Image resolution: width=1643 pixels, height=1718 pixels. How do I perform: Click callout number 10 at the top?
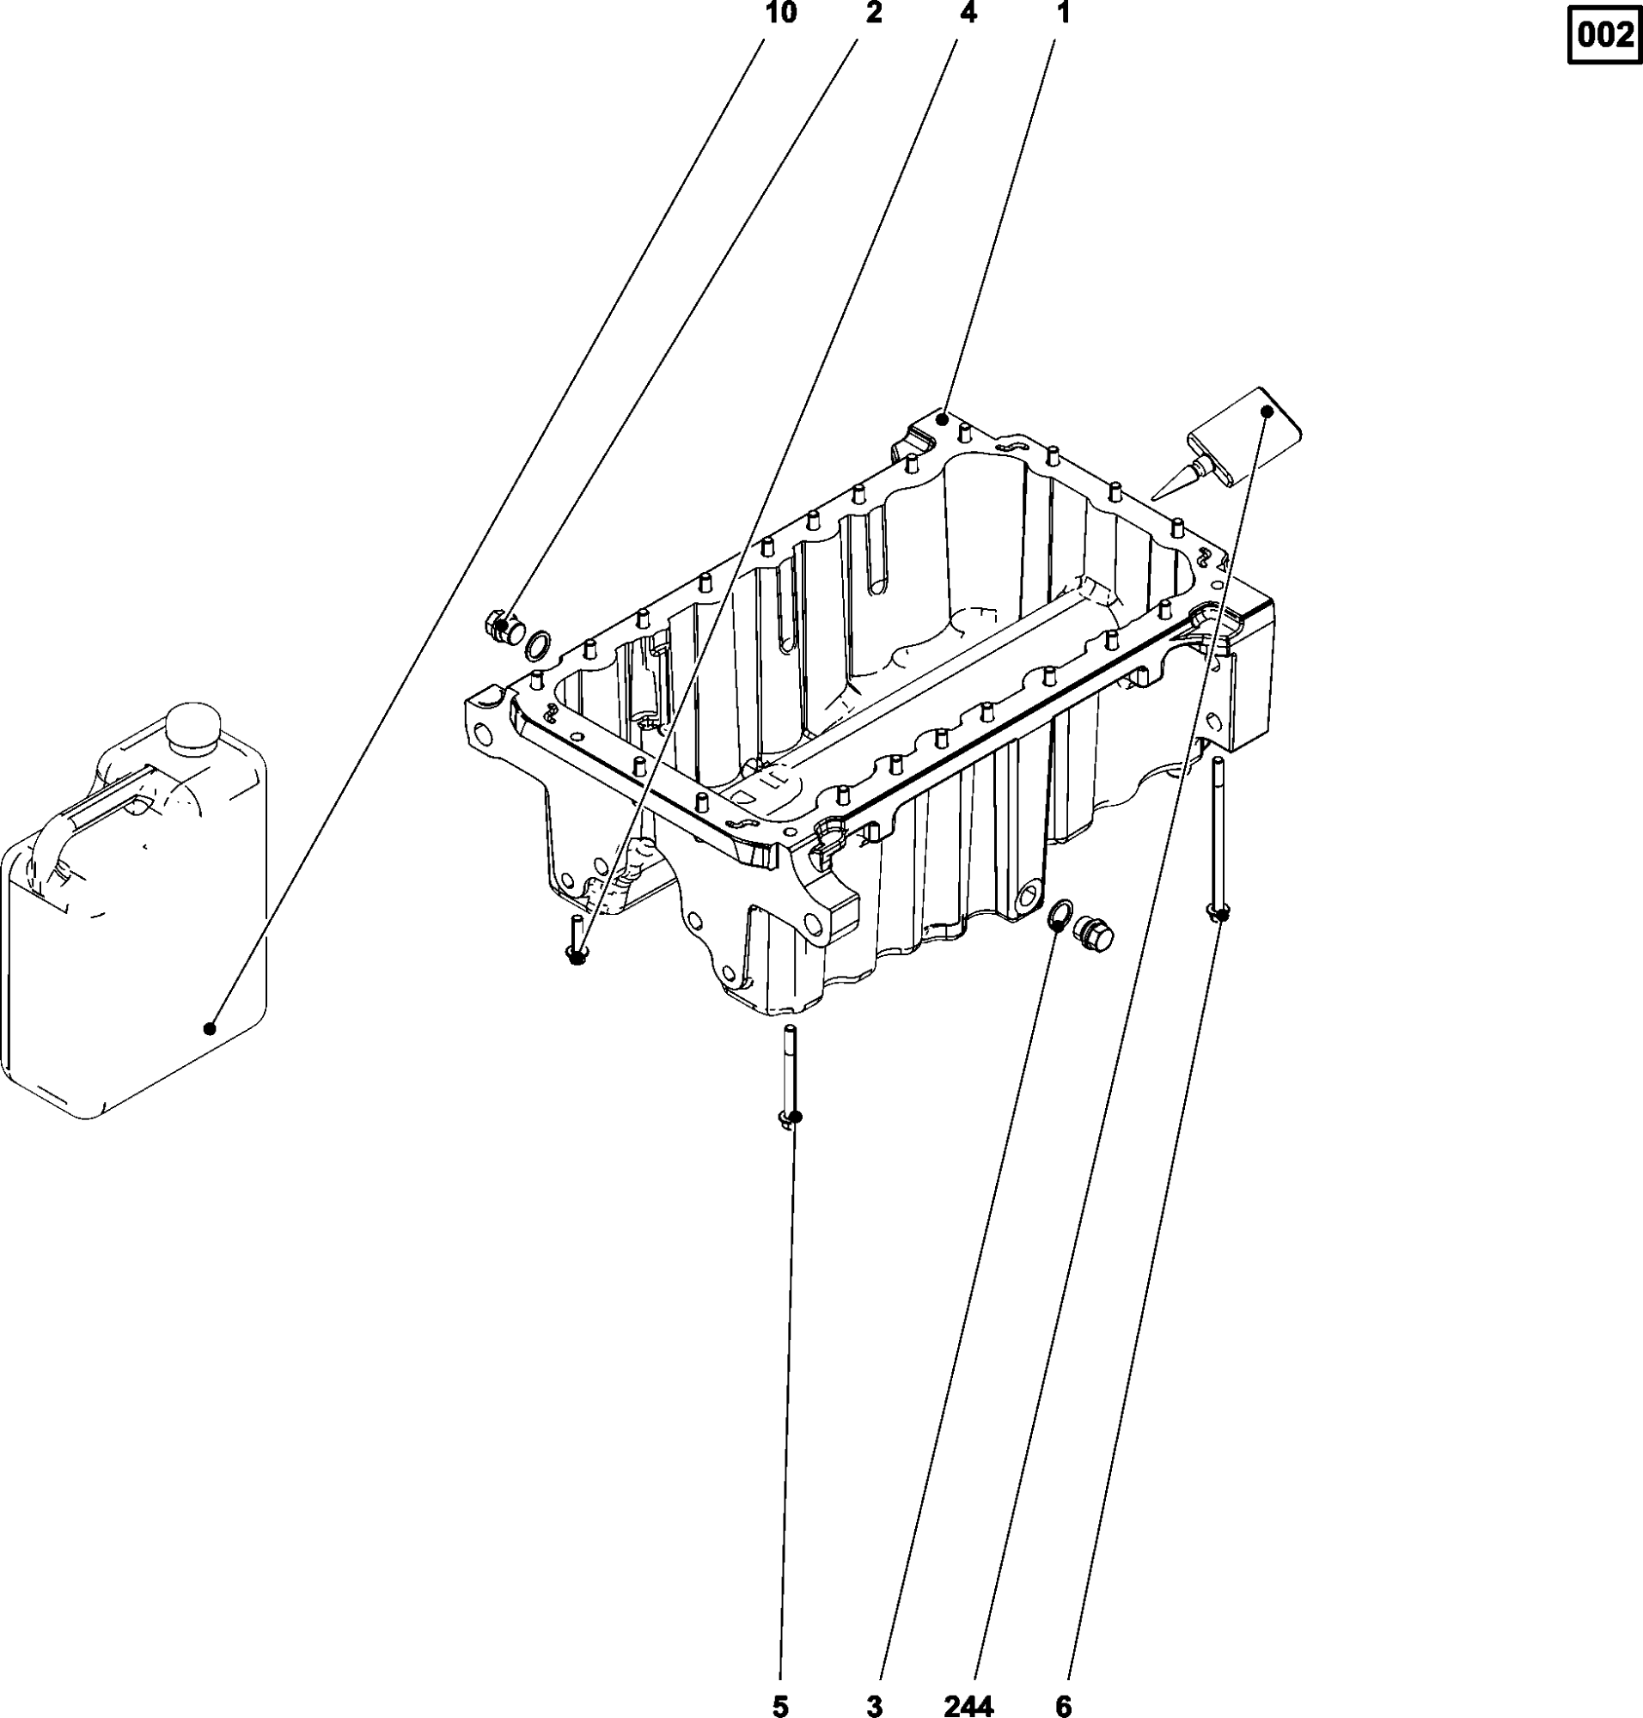coord(780,13)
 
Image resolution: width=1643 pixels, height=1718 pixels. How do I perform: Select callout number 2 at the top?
coord(874,13)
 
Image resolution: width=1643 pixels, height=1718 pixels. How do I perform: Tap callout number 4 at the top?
coord(968,13)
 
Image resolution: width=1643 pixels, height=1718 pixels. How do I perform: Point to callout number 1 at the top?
coord(1062,13)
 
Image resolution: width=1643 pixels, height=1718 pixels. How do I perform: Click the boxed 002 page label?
coord(1604,36)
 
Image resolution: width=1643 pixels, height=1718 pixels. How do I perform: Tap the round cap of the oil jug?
coord(192,726)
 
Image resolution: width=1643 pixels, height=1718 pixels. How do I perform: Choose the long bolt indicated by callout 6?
coord(1218,838)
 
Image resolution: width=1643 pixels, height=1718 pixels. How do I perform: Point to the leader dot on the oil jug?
coord(210,1028)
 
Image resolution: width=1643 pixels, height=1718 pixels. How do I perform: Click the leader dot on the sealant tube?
coord(1267,410)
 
